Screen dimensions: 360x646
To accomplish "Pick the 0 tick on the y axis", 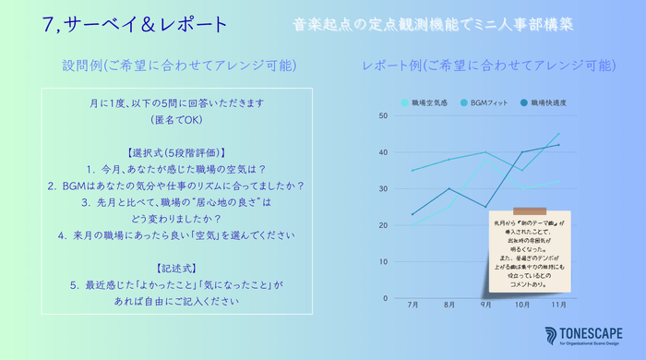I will pyautogui.click(x=387, y=298).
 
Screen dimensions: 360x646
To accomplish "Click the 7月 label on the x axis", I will pyautogui.click(x=412, y=305).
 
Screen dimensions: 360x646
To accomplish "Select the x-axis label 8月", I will pyautogui.click(x=449, y=305).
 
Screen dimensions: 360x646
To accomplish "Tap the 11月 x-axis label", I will pyautogui.click(x=558, y=305).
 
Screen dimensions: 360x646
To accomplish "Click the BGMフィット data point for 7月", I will pyautogui.click(x=412, y=170).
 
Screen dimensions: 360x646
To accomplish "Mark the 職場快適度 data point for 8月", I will pyautogui.click(x=449, y=188).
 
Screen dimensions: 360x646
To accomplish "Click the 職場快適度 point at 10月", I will pyautogui.click(x=522, y=152).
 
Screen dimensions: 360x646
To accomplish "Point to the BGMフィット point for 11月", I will pyautogui.click(x=558, y=134).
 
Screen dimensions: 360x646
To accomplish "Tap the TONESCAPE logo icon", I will pyautogui.click(x=551, y=333).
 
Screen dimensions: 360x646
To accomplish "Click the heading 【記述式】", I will pyautogui.click(x=174, y=268).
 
